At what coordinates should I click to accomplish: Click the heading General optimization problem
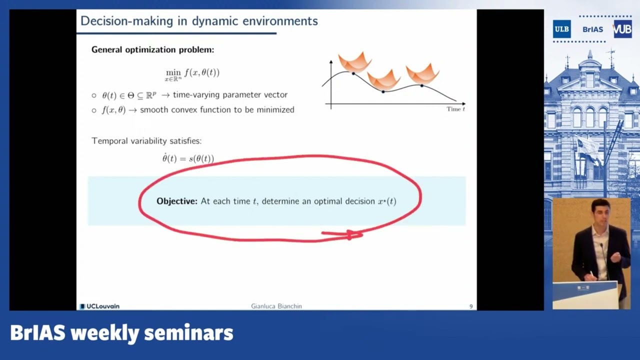pyautogui.click(x=152, y=50)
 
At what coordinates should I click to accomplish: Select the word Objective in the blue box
pyautogui.click(x=176, y=201)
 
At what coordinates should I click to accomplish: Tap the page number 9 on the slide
pyautogui.click(x=470, y=306)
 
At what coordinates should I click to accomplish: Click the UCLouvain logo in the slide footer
pyautogui.click(x=100, y=306)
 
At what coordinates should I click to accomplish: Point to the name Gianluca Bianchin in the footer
pyautogui.click(x=276, y=306)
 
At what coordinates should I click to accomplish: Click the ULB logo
pyautogui.click(x=561, y=29)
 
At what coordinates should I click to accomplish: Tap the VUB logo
pyautogui.click(x=622, y=29)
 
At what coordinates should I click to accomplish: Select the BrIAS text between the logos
pyautogui.click(x=592, y=29)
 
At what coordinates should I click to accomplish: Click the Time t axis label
pyautogui.click(x=455, y=109)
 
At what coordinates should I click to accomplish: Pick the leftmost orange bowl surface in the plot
pyautogui.click(x=354, y=62)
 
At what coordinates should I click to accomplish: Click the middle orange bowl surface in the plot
pyautogui.click(x=383, y=79)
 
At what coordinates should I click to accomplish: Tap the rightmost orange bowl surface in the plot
pyautogui.click(x=422, y=73)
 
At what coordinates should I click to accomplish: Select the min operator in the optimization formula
pyautogui.click(x=173, y=72)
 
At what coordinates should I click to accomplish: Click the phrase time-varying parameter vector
pyautogui.click(x=230, y=95)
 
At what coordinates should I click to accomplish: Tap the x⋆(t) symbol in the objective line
pyautogui.click(x=386, y=201)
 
